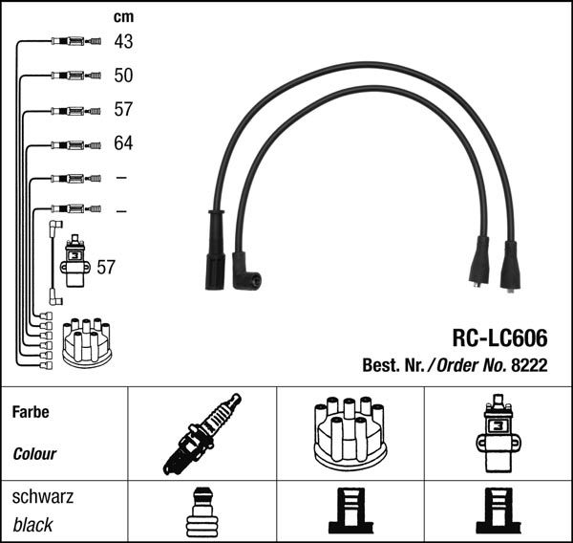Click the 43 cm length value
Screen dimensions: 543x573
click(123, 42)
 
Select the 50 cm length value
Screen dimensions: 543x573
click(123, 76)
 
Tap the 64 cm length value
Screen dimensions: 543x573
click(123, 143)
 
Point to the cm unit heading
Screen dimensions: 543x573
click(123, 17)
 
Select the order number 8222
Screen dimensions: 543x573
click(529, 364)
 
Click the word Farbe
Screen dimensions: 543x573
click(30, 413)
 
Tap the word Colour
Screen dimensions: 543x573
click(34, 454)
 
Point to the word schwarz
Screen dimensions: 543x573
click(42, 497)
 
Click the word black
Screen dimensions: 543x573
click(32, 525)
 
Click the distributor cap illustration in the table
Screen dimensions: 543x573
click(348, 433)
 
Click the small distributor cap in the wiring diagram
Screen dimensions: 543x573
click(87, 342)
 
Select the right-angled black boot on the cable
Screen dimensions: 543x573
click(244, 271)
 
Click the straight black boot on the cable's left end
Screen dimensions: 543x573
click(215, 250)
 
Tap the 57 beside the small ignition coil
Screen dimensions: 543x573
click(105, 267)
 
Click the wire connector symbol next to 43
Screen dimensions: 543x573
click(74, 42)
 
